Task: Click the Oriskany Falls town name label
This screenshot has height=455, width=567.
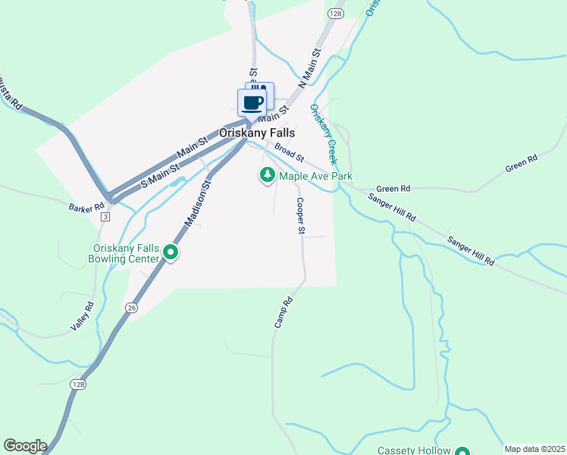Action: click(257, 133)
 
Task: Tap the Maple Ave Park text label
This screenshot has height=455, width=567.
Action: click(316, 176)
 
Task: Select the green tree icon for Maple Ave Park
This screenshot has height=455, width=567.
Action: click(267, 176)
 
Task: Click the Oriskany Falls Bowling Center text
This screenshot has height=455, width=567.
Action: click(126, 253)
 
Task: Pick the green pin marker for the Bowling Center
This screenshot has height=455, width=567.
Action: click(171, 253)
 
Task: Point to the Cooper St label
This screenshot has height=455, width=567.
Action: click(300, 215)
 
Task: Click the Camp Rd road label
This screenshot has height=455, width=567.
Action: click(283, 312)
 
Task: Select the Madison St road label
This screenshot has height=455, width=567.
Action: click(197, 204)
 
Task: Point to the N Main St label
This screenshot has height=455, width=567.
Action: click(310, 69)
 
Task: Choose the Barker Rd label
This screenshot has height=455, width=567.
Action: click(86, 207)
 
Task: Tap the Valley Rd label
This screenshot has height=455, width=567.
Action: click(83, 315)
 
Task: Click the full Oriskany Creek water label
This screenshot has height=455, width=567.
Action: click(323, 135)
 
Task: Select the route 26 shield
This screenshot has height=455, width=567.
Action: click(132, 307)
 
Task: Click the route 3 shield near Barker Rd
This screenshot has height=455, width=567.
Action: click(105, 217)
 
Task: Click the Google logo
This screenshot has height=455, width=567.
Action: click(25, 446)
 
